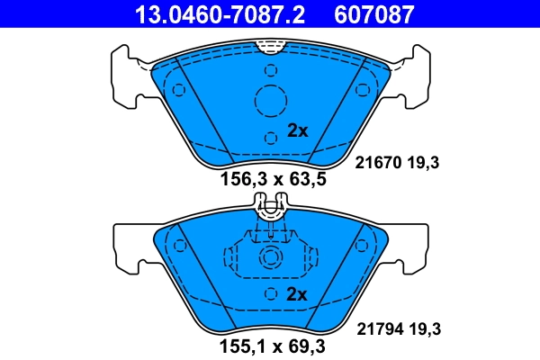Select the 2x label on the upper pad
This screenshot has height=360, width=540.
(297, 130)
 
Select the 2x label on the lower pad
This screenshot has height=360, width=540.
(297, 294)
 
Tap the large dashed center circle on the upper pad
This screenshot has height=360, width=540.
(270, 102)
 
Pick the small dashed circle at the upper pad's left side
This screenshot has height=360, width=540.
(178, 90)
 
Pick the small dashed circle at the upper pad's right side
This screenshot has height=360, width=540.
(364, 90)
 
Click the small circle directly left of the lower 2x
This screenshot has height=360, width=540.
(270, 294)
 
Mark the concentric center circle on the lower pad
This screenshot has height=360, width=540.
(270, 259)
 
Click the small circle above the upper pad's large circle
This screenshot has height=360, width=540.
(270, 70)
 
